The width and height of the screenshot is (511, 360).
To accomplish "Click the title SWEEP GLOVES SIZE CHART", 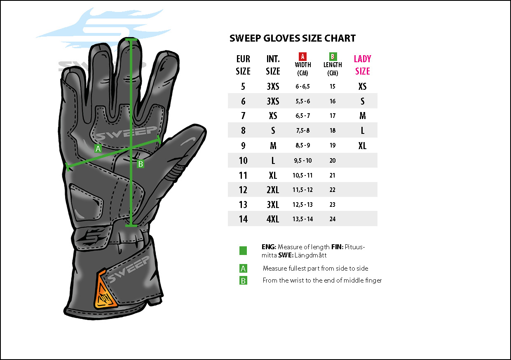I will click(x=292, y=38).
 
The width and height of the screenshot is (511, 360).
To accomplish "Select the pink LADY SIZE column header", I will click(x=362, y=65).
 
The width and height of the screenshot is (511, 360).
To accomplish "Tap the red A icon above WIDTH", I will click(x=302, y=57).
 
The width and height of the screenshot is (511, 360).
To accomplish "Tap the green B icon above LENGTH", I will click(x=333, y=57).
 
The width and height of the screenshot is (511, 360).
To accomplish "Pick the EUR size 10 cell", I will click(x=243, y=161).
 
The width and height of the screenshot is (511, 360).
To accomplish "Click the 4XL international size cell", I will click(x=273, y=219).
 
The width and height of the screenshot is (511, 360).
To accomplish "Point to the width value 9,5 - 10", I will click(x=302, y=161).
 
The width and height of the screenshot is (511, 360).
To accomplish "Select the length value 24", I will click(x=333, y=219).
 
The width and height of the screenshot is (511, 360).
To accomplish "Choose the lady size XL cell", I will click(x=362, y=146).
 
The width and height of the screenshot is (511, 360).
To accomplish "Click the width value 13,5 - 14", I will click(x=302, y=219).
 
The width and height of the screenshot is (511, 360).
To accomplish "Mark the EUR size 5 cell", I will click(x=243, y=86).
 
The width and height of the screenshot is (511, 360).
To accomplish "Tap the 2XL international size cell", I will click(x=273, y=190).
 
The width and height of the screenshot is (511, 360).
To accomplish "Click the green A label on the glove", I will click(x=98, y=149).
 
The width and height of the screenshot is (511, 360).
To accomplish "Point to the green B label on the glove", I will click(x=141, y=164).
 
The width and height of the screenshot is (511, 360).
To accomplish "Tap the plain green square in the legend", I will click(x=243, y=250).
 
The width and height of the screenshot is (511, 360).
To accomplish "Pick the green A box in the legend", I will click(x=243, y=269).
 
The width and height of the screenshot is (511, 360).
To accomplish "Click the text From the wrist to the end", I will click(x=322, y=281).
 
